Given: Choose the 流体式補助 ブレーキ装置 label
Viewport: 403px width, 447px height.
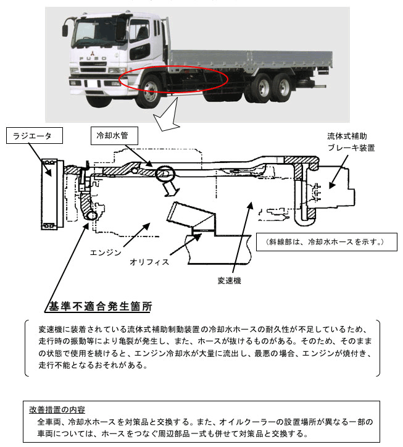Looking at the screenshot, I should [351, 141].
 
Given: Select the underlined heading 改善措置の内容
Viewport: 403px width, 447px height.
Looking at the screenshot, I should [57, 409].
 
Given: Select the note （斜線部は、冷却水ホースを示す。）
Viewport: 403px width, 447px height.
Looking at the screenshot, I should [321, 241].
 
